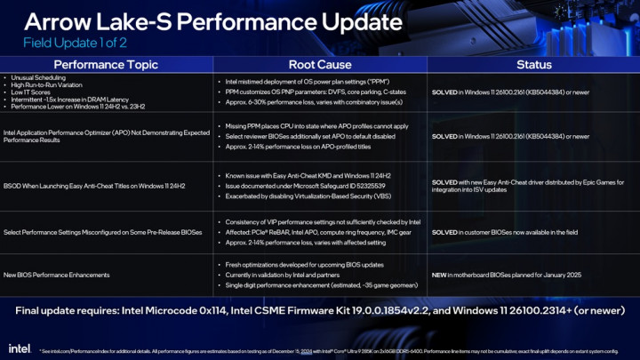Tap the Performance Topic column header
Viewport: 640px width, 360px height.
point(107,65)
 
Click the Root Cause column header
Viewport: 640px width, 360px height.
point(319,65)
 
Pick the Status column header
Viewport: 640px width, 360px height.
point(533,65)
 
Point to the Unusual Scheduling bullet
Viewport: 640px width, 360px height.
point(36,79)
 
